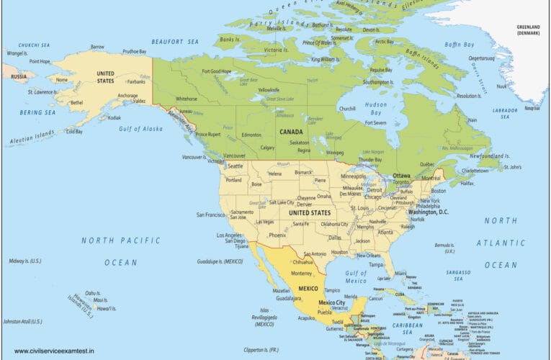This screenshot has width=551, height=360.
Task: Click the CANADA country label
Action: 291,132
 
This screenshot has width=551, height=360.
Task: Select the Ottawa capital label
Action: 401,176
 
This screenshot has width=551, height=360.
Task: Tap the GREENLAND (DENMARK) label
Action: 532,30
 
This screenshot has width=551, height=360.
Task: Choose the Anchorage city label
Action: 127,95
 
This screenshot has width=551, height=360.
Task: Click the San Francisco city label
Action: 212,215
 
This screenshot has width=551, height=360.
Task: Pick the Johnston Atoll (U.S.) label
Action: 22,321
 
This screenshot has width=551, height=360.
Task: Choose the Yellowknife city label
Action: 269,90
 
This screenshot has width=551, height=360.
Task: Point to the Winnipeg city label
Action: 335,153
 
